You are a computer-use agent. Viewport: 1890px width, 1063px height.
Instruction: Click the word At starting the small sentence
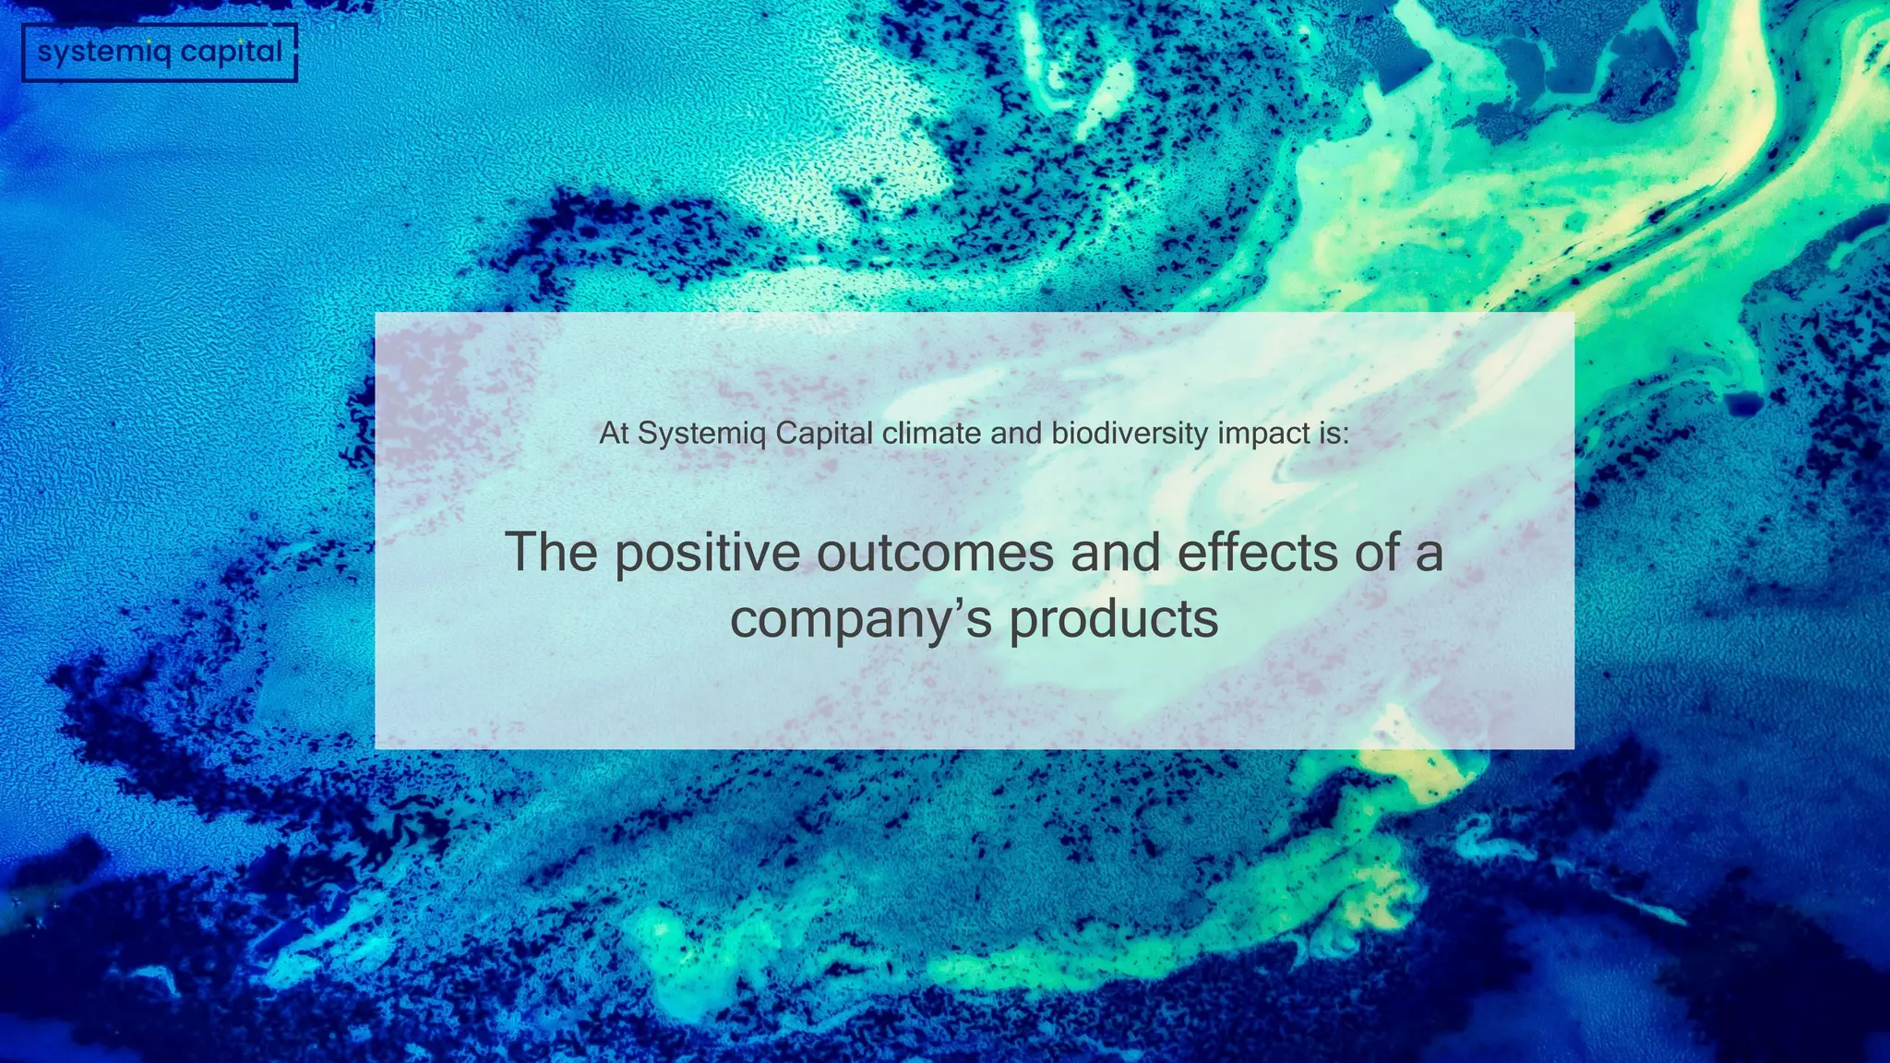(614, 433)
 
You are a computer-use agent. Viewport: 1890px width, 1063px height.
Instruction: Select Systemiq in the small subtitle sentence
(701, 434)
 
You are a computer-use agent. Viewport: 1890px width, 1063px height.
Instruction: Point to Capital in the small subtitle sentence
(823, 434)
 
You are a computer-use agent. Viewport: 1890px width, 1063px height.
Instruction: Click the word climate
(931, 433)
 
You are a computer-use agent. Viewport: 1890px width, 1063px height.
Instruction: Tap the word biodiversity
(1130, 434)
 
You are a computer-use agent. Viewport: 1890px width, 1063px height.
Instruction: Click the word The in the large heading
(551, 552)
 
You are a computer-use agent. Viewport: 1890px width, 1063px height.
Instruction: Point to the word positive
(708, 554)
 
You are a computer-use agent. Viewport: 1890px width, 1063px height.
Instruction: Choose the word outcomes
(935, 553)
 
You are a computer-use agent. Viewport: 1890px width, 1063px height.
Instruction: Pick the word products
(1114, 621)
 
